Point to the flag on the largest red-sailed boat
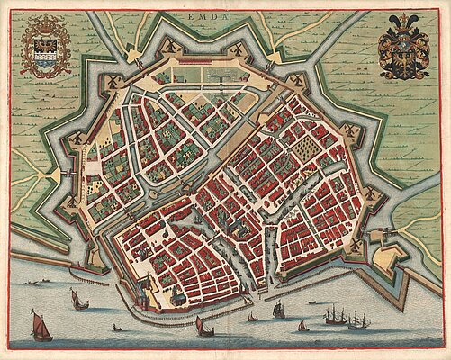pos(36,310)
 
